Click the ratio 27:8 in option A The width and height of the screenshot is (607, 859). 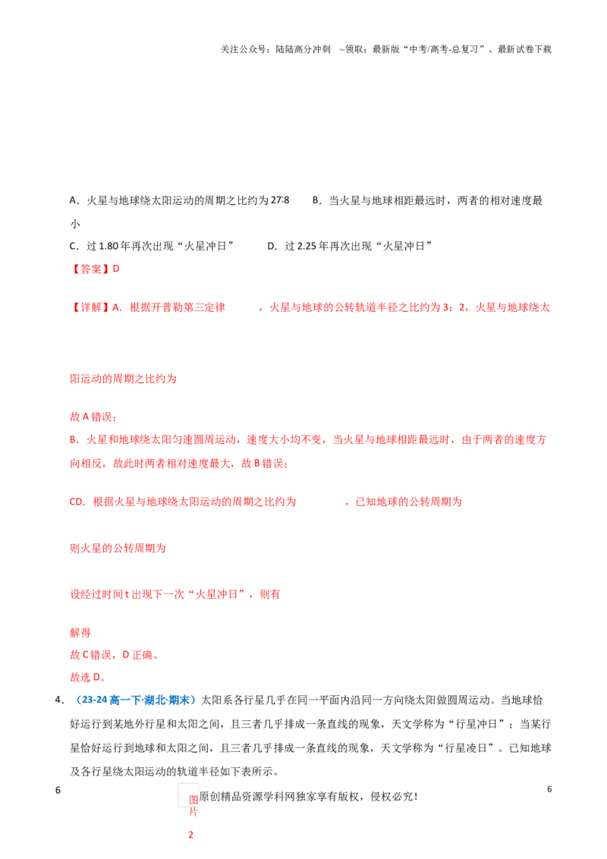coord(280,200)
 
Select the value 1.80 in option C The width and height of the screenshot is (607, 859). coord(109,246)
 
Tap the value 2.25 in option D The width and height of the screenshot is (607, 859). coord(307,246)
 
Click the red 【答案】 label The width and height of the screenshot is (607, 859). coord(90,269)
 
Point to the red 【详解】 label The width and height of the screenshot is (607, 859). coord(90,307)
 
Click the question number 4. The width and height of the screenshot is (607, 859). coord(60,700)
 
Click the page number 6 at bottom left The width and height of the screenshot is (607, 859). coord(58,790)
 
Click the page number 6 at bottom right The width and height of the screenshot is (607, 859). coord(549,789)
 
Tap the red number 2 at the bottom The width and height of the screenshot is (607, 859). coord(191,835)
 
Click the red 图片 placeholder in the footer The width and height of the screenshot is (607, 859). coord(193,806)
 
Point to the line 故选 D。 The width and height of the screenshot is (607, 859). coord(88,678)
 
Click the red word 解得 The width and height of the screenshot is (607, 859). coord(80,633)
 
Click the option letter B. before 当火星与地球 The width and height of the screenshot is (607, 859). coord(316,200)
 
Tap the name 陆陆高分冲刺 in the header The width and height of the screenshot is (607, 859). coord(303,49)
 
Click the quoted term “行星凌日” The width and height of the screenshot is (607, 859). coord(466,748)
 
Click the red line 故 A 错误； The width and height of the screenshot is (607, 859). coord(93,417)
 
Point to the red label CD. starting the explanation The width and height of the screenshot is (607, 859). coord(78,502)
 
